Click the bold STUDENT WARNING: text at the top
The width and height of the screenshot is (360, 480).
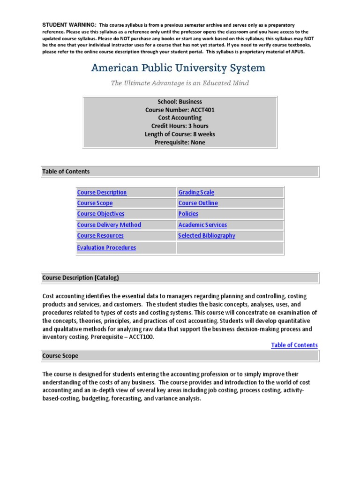click(69, 24)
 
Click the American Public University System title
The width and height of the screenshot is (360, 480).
click(178, 68)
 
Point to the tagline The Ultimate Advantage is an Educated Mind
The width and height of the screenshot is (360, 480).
click(180, 83)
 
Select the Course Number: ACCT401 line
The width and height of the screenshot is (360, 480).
click(180, 110)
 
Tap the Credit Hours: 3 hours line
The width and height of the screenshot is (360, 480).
click(180, 126)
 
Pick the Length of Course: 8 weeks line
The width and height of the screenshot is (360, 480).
click(180, 134)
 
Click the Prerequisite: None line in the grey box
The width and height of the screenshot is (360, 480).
click(180, 142)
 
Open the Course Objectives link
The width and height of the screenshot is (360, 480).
click(101, 214)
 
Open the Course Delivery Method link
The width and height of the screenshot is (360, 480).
click(109, 225)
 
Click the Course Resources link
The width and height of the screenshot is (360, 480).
click(100, 236)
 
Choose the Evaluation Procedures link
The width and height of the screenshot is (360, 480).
click(106, 247)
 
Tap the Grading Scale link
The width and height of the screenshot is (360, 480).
click(196, 192)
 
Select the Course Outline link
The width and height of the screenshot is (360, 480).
click(198, 203)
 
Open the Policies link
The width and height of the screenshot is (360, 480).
click(188, 214)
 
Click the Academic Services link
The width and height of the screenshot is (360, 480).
click(202, 225)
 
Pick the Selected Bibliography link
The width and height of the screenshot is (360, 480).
click(207, 236)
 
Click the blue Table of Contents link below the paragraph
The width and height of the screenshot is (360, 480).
click(294, 345)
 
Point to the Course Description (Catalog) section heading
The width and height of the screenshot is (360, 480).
click(81, 277)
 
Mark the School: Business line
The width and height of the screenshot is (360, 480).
click(180, 102)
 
